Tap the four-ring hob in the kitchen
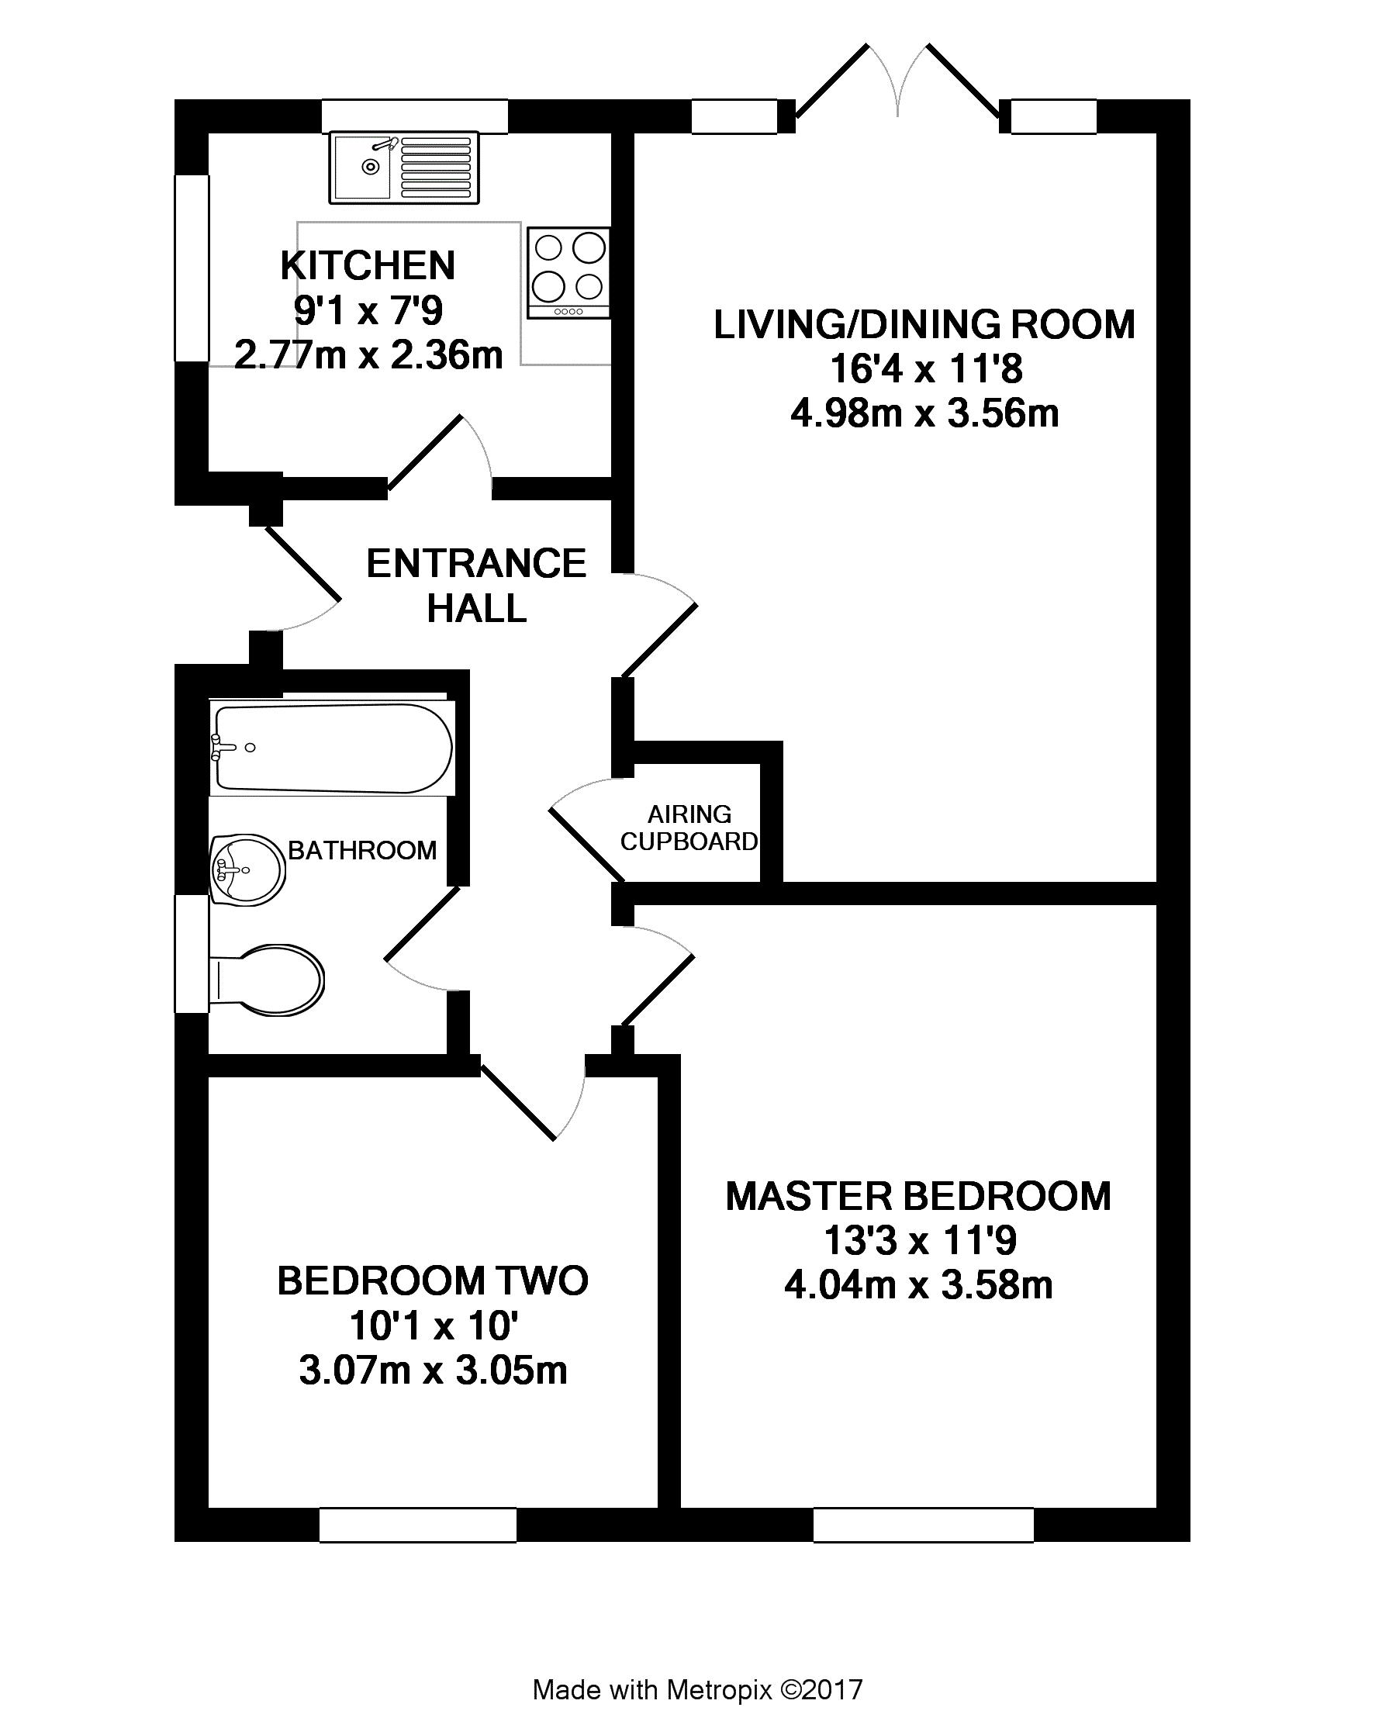click(568, 272)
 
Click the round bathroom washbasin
click(247, 869)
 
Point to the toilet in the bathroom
click(267, 980)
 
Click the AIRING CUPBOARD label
click(689, 828)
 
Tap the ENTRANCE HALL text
click(476, 586)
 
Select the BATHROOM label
click(362, 850)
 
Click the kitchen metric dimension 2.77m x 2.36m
click(368, 354)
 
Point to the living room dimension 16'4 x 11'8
click(925, 369)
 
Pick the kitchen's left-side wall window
click(192, 268)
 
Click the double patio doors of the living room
click(897, 85)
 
